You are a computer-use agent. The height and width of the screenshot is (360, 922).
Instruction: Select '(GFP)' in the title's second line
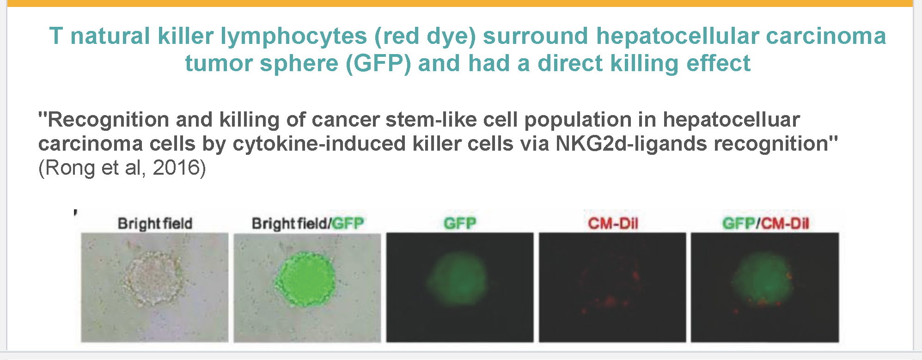pyautogui.click(x=379, y=63)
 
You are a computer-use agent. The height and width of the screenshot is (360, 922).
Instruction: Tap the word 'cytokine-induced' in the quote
pyautogui.click(x=319, y=144)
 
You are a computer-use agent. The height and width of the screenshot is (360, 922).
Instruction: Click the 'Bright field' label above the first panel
pyautogui.click(x=155, y=224)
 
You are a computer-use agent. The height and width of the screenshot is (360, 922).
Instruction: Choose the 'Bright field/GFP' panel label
pyautogui.click(x=308, y=224)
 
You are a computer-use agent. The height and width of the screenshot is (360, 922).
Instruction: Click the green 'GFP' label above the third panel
pyautogui.click(x=460, y=224)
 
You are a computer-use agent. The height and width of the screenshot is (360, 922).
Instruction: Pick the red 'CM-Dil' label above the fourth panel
pyautogui.click(x=613, y=224)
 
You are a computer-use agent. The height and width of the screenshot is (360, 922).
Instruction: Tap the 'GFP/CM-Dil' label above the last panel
pyautogui.click(x=765, y=224)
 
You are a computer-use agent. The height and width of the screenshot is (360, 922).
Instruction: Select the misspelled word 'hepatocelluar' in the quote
pyautogui.click(x=731, y=120)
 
